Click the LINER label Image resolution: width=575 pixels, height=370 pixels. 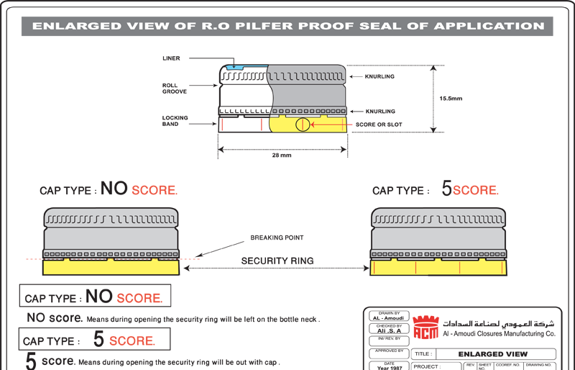click(171, 58)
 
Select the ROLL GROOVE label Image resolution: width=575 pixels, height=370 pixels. click(175, 89)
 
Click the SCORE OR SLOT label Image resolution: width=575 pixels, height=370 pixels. click(379, 125)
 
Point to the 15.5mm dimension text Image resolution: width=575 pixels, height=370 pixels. click(451, 98)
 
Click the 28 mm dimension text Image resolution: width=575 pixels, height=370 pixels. click(282, 155)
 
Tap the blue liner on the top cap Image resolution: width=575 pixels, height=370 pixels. click(234, 68)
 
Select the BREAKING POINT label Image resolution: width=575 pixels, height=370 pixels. click(277, 238)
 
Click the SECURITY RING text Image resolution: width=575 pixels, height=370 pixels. click(277, 261)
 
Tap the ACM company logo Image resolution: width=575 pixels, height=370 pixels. click(425, 329)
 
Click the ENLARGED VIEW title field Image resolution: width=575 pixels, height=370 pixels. click(492, 354)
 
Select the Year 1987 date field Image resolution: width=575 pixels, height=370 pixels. click(389, 367)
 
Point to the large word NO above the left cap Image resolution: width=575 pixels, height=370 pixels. click(114, 189)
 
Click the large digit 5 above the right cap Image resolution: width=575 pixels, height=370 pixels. click(446, 189)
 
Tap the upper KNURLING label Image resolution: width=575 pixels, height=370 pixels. click(379, 76)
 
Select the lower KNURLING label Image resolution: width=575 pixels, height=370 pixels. click(379, 111)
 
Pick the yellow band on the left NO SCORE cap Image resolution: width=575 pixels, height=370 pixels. click(111, 267)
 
